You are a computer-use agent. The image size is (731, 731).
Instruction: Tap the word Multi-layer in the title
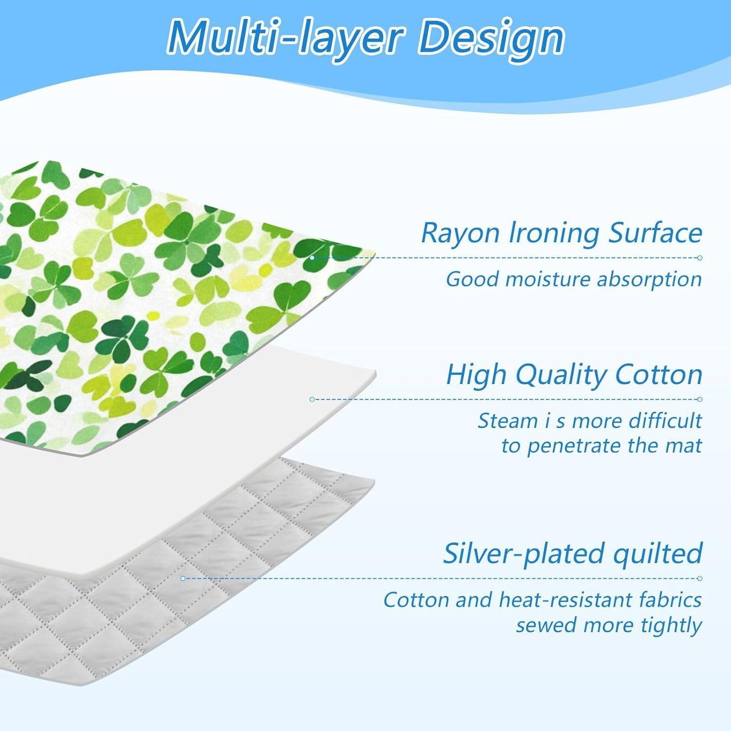pos(285,37)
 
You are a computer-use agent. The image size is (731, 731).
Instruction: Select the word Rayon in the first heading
pos(460,234)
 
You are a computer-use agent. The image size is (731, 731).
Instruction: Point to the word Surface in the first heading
pos(655,234)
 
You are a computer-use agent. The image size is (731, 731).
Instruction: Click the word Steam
pos(507,421)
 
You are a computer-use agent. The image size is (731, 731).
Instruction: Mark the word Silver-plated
pos(525,553)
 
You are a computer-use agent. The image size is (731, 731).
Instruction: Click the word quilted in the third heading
pos(658,554)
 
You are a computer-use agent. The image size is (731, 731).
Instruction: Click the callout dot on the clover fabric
pos(312,257)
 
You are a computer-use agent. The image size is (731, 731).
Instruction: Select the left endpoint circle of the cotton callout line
pos(312,399)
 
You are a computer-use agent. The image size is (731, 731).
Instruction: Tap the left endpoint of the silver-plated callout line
pos(183,578)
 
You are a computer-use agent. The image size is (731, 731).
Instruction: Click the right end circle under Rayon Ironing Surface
pos(700,257)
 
